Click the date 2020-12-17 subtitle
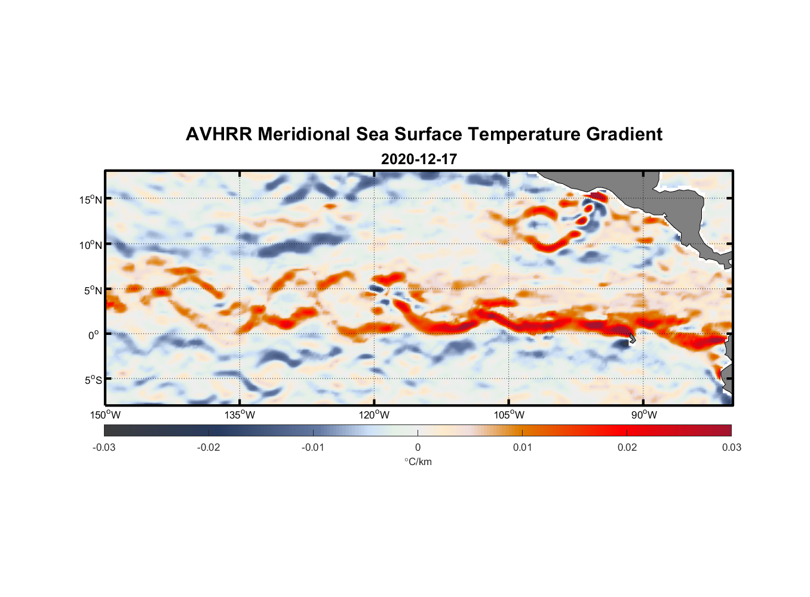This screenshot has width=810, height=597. click(419, 159)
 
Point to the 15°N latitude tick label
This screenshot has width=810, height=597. click(91, 199)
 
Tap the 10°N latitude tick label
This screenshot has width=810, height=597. click(91, 245)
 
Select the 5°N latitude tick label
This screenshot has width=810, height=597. click(93, 290)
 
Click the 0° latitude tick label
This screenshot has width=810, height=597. click(94, 335)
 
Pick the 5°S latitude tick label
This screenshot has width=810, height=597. click(93, 380)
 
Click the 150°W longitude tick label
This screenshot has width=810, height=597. click(105, 415)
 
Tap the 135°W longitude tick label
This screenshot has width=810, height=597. click(240, 415)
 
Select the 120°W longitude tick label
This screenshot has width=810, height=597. click(375, 415)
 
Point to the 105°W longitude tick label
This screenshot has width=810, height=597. click(509, 415)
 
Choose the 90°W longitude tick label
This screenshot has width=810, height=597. click(644, 415)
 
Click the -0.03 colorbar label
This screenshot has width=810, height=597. click(104, 447)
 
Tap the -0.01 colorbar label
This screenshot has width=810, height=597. click(313, 447)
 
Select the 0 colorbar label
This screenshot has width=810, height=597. click(418, 447)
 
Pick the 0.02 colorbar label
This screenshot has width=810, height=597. click(627, 447)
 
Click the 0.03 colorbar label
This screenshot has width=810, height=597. click(731, 447)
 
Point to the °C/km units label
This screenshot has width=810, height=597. click(418, 461)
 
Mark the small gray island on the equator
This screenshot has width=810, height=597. click(631, 339)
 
